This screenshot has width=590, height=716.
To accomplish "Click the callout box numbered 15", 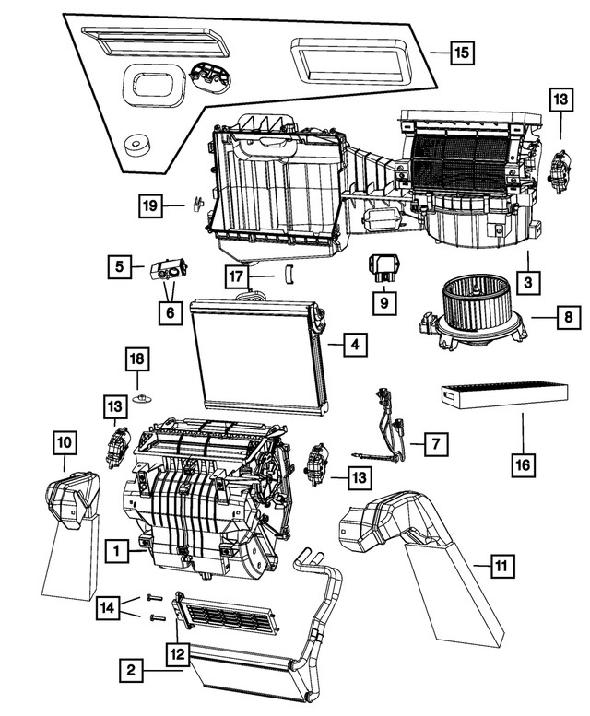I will coord(461,52).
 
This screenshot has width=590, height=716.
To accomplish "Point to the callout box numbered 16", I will coord(522,464).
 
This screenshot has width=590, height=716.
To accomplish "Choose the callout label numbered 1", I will coord(117,551).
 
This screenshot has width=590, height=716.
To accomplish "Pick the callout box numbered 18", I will coord(136,358).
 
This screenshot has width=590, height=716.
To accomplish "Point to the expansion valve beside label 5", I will coord(171,270).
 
